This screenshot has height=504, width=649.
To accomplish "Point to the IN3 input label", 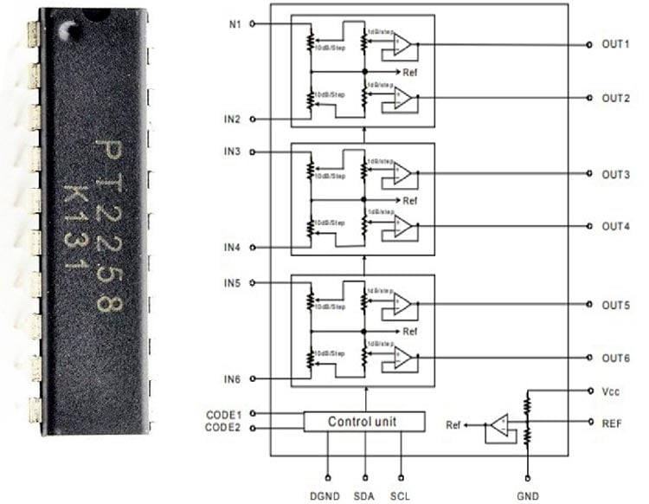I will pyautogui.click(x=233, y=152).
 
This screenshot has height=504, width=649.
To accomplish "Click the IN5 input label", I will pyautogui.click(x=233, y=283).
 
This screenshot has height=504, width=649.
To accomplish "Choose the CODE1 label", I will pyautogui.click(x=223, y=414).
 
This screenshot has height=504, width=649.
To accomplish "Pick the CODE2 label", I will pyautogui.click(x=223, y=427).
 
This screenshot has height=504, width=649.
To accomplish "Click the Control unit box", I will pyautogui.click(x=364, y=422).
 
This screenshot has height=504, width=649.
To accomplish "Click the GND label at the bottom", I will pyautogui.click(x=527, y=497).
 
